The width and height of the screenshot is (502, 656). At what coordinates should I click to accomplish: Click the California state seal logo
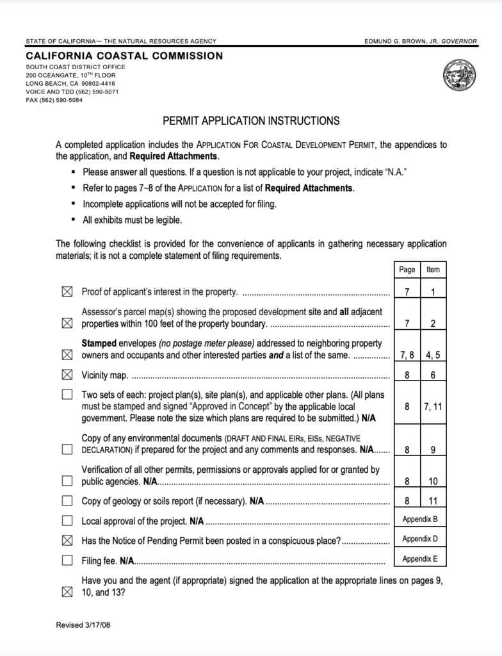coord(458,78)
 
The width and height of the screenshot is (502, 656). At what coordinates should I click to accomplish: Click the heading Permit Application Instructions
coord(251,120)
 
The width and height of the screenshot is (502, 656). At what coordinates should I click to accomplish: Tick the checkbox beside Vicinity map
coord(67,374)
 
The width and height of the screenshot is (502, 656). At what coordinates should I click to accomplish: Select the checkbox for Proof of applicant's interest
coord(67,292)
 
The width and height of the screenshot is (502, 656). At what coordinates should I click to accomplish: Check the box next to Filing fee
coord(67,561)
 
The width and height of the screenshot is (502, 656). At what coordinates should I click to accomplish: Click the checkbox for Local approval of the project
coord(67,521)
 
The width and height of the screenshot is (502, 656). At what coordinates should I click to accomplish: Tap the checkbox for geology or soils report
coord(67,500)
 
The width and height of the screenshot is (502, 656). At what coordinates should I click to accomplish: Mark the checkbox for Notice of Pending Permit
coord(67,541)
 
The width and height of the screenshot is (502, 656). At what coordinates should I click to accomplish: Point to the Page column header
coord(407,270)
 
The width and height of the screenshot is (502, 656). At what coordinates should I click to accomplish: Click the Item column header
coord(433,270)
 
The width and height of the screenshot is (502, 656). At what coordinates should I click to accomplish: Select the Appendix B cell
coord(420,519)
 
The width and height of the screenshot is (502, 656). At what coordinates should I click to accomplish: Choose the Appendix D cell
coord(420,539)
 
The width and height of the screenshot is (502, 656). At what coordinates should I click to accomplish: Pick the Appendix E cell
coord(420,559)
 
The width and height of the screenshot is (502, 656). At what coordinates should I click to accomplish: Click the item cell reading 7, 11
coord(433,406)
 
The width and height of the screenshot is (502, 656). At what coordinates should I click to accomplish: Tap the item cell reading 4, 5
coord(433,355)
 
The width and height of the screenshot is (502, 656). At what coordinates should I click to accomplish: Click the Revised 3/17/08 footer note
coord(83,625)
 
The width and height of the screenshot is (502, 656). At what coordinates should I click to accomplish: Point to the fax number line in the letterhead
coord(54,100)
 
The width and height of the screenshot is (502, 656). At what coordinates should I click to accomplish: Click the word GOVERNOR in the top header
coord(459,41)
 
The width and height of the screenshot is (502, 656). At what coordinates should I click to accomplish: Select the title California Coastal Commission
coord(124,56)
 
